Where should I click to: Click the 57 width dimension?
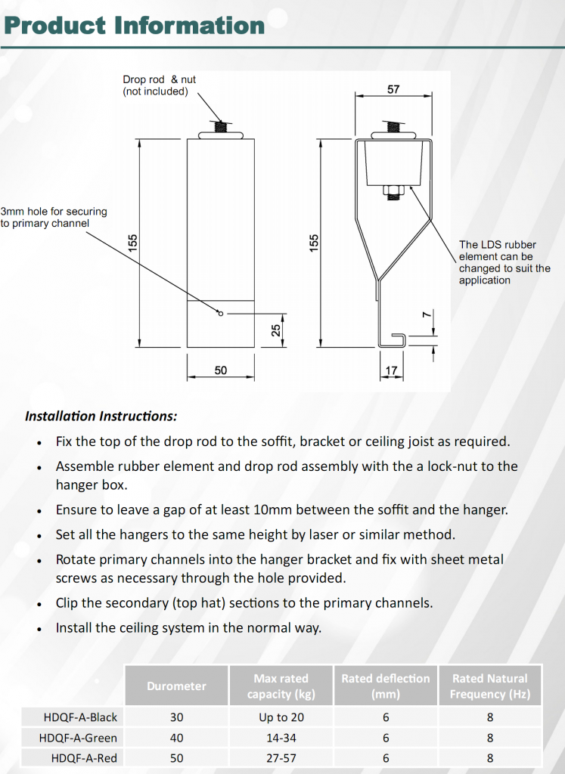click(393, 89)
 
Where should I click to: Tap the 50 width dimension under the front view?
click(220, 370)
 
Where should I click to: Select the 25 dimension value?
click(277, 330)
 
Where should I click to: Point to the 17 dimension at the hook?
click(391, 370)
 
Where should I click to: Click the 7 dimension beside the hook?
click(426, 314)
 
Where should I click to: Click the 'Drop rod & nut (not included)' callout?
click(159, 85)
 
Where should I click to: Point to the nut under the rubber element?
click(393, 189)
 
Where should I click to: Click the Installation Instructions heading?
click(101, 416)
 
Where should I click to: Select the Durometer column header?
click(176, 686)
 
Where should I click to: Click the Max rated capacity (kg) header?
click(281, 686)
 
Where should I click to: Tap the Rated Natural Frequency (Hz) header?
click(489, 686)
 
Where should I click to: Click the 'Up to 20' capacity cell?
click(281, 717)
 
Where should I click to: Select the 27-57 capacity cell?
click(281, 758)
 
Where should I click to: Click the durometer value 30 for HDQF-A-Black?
click(176, 717)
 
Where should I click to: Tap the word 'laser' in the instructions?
click(326, 535)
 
